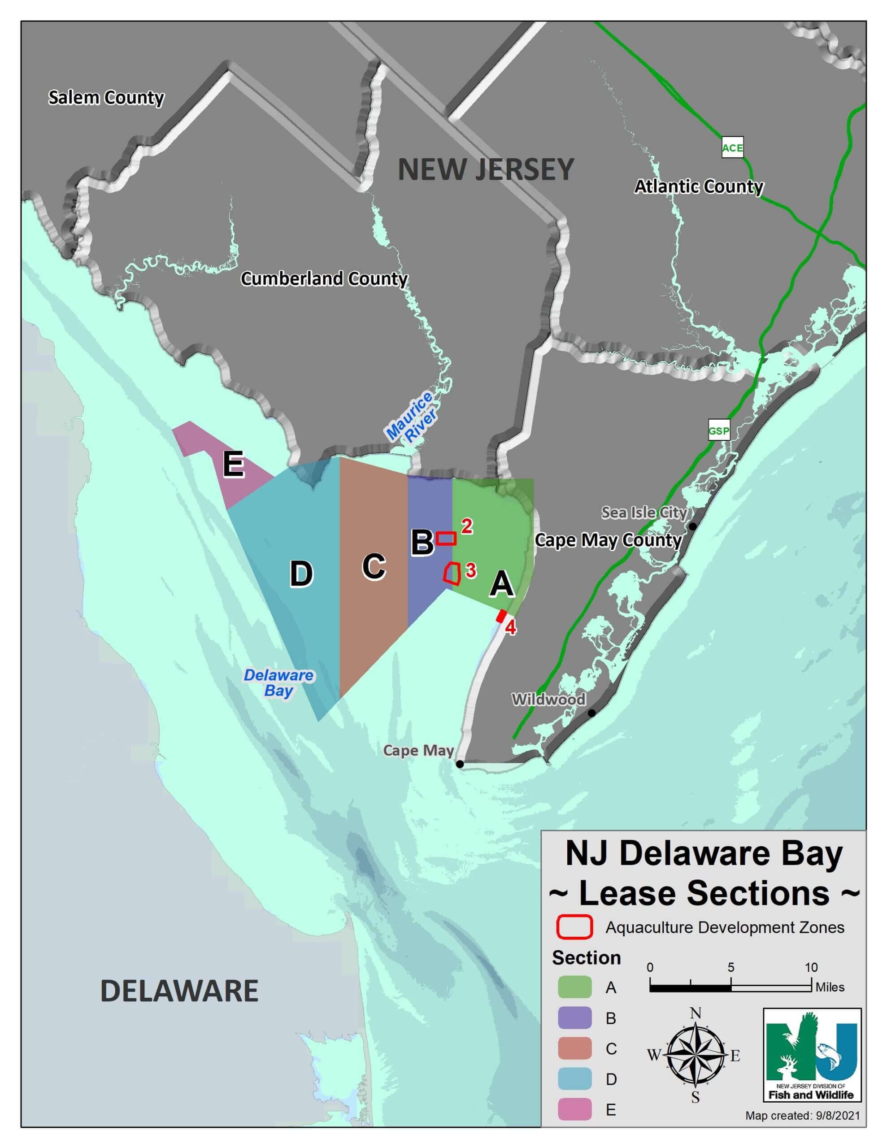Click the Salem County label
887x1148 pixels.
click(106, 98)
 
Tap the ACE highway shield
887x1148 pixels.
click(732, 148)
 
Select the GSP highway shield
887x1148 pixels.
click(718, 431)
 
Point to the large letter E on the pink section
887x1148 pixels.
click(234, 464)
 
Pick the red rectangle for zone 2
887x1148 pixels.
click(446, 538)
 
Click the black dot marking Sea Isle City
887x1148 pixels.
click(693, 526)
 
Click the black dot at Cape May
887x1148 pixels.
click(460, 764)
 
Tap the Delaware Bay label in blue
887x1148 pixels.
click(278, 682)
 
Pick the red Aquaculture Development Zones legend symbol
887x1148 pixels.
click(574, 927)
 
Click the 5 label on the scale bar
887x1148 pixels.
click(730, 967)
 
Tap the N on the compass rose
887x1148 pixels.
click(695, 1013)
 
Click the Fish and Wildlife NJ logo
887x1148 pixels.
click(811, 1054)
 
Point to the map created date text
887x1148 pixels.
click(802, 1130)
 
